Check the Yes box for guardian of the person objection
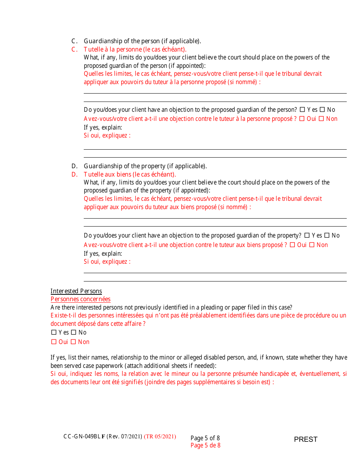(x=302, y=110)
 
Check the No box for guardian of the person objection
(x=322, y=110)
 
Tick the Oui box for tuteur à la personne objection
(x=302, y=119)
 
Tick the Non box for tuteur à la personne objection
(x=321, y=119)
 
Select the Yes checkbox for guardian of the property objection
(x=307, y=236)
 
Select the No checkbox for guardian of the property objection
(x=327, y=236)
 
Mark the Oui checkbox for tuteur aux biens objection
(x=293, y=245)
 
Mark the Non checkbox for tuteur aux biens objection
(x=312, y=245)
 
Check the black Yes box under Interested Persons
(x=54, y=333)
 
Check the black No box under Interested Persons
(x=74, y=333)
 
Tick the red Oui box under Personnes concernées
(x=54, y=342)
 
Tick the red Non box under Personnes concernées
(x=74, y=342)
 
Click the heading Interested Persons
(x=76, y=291)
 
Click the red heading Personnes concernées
(x=80, y=299)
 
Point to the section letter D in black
(x=74, y=166)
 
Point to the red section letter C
(x=74, y=50)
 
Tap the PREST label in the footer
(x=305, y=439)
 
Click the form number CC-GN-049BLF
(x=84, y=436)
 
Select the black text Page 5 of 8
(x=205, y=438)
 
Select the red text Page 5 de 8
(x=205, y=446)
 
